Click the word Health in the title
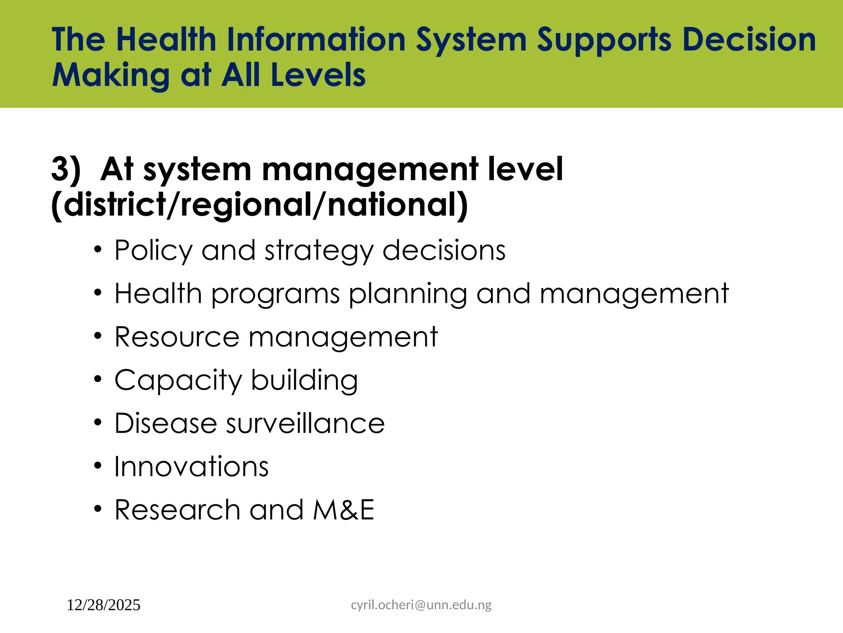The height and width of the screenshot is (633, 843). [166, 40]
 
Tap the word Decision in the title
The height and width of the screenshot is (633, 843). [749, 40]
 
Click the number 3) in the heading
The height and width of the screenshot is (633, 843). [66, 169]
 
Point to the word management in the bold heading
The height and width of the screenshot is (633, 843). [370, 170]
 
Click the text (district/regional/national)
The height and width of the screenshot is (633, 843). [260, 205]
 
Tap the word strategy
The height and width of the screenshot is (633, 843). [318, 251]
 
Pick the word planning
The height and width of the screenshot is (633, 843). [408, 294]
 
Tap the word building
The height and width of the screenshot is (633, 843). [304, 380]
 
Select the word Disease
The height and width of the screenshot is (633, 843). [165, 423]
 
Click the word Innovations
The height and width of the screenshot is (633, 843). [191, 467]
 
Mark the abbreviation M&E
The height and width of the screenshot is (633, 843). [344, 510]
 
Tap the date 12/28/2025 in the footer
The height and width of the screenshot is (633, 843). [103, 605]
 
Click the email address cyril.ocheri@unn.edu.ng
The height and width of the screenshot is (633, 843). [421, 605]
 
